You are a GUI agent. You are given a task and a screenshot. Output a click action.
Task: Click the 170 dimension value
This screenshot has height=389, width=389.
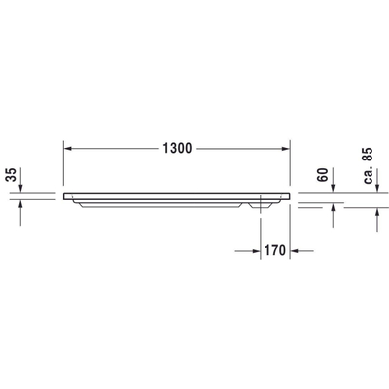[x=275, y=249]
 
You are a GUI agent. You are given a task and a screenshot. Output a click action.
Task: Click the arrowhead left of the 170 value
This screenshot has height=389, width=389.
[x=254, y=249]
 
